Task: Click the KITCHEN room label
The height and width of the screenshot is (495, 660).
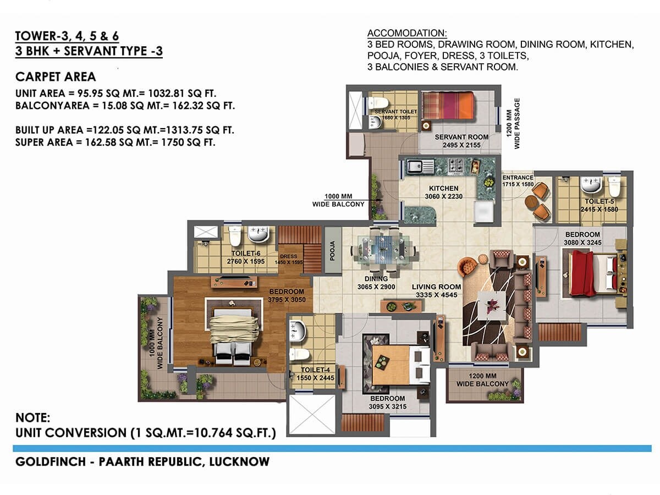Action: tap(445, 189)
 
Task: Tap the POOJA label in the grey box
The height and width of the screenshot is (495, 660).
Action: tap(331, 250)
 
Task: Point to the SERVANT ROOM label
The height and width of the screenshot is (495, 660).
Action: tap(458, 137)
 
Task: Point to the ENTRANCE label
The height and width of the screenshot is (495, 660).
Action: tap(518, 178)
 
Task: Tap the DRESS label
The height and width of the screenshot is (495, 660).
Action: tap(288, 256)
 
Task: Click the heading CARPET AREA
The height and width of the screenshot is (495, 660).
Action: tap(56, 76)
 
